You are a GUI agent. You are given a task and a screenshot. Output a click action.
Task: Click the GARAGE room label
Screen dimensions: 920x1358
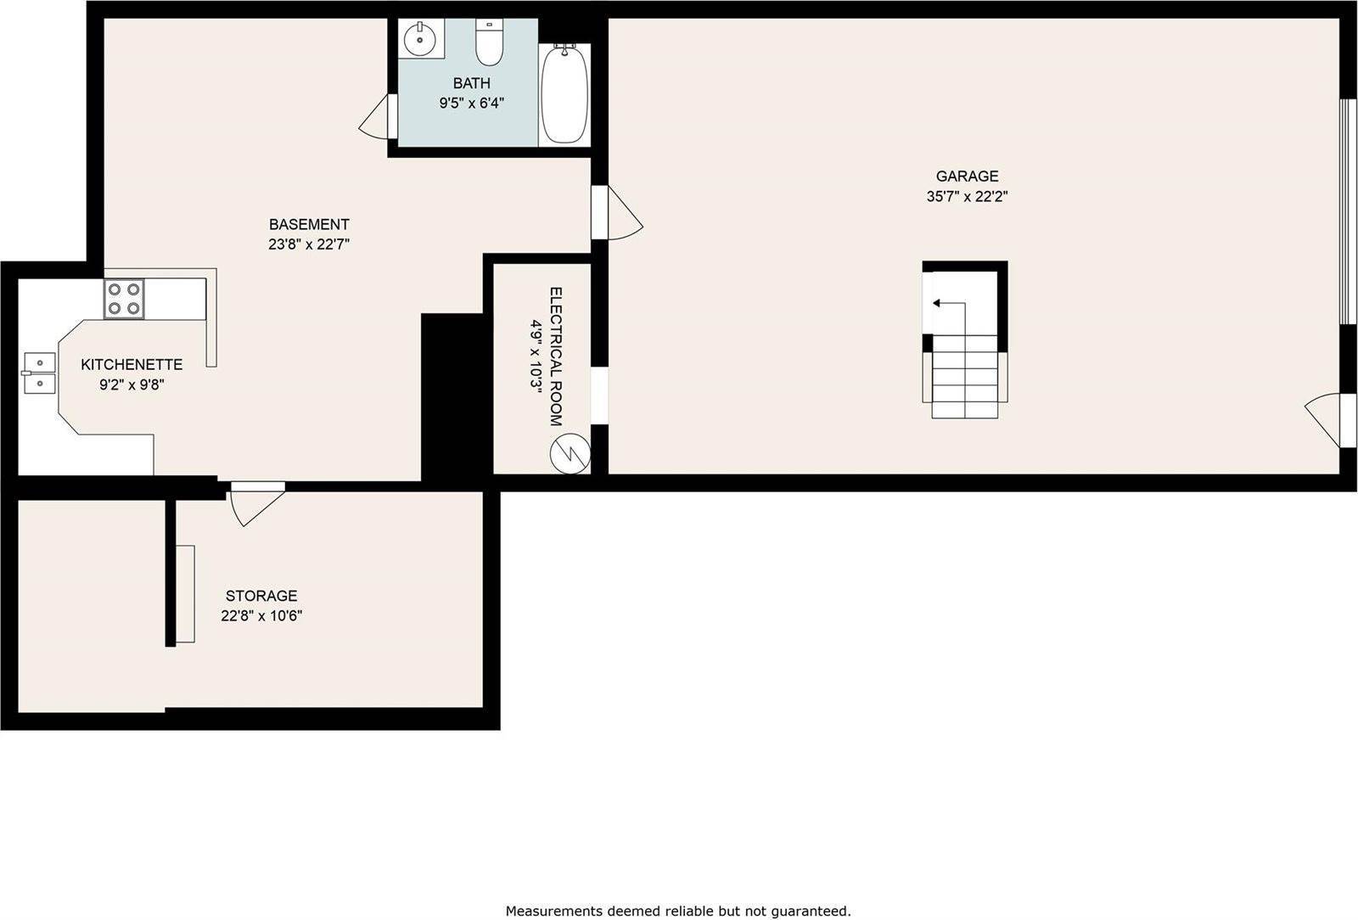pyautogui.click(x=967, y=177)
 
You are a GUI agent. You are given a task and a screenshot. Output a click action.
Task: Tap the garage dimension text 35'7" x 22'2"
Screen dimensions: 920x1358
pyautogui.click(x=967, y=197)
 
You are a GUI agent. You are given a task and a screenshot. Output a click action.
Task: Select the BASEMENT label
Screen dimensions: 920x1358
pyautogui.click(x=309, y=225)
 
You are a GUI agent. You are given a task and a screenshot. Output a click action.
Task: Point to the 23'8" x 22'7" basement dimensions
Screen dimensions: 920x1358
pyautogui.click(x=309, y=245)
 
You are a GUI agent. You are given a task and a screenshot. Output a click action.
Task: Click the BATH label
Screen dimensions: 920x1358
pyautogui.click(x=471, y=83)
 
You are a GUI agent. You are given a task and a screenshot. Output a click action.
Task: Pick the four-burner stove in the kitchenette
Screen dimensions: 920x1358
pyautogui.click(x=124, y=299)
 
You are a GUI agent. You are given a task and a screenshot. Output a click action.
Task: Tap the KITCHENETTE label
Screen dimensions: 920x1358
pyautogui.click(x=132, y=365)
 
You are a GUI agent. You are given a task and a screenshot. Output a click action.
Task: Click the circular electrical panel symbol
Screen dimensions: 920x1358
pyautogui.click(x=570, y=453)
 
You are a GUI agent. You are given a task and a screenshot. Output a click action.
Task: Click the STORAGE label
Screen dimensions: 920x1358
pyautogui.click(x=261, y=596)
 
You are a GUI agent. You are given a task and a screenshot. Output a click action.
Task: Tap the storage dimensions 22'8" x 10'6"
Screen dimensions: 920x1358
pyautogui.click(x=261, y=616)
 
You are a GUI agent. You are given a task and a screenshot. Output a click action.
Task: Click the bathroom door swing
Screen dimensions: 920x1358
pyautogui.click(x=375, y=119)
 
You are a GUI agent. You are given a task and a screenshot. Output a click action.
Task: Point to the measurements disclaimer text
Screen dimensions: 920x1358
pyautogui.click(x=678, y=912)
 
